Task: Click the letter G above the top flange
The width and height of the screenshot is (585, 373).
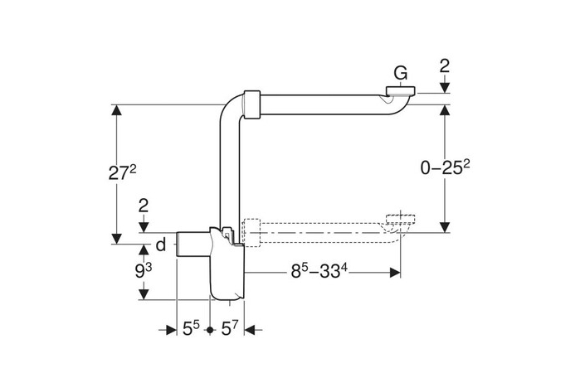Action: [x=400, y=74]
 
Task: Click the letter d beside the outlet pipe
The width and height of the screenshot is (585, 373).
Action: [x=161, y=245]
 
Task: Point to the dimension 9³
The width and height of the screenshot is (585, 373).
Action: [x=144, y=270]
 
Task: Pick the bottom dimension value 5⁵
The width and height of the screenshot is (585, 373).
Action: [x=191, y=329]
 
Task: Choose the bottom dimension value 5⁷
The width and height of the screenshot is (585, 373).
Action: [x=230, y=329]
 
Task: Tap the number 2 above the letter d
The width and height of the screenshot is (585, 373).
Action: [x=144, y=206]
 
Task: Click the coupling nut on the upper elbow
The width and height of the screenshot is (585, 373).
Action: [x=250, y=104]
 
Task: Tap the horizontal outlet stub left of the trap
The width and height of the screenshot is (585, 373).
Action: [x=191, y=246]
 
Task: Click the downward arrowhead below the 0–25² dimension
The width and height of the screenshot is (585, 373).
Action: [x=446, y=225]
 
